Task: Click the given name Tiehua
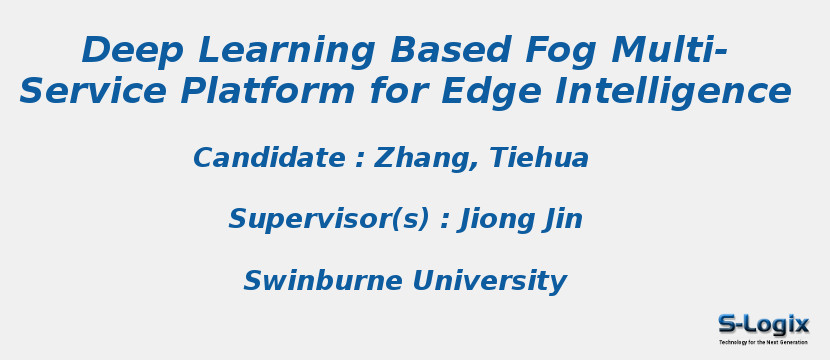[x=539, y=159]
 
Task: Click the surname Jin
[x=563, y=220]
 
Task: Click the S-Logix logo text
[x=764, y=324]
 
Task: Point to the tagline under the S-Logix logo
[x=763, y=342]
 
